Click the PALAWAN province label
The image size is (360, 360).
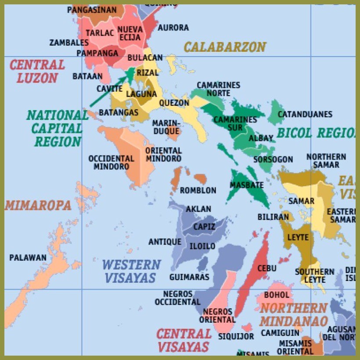tap(28, 258)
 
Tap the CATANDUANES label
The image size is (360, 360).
tap(305, 115)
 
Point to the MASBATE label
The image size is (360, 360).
tap(247, 185)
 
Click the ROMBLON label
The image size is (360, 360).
tap(198, 191)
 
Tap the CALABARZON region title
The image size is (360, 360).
tap(225, 47)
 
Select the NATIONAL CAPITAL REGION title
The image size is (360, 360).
tap(58, 128)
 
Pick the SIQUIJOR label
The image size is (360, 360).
tap(236, 337)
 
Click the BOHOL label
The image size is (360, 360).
tap(277, 295)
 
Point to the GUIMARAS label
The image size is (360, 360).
tap(189, 277)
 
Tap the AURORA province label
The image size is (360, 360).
tap(173, 28)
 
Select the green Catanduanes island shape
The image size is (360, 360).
tap(276, 112)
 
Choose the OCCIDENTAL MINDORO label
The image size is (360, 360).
tap(111, 162)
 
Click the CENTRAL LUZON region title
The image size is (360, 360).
tap(37, 72)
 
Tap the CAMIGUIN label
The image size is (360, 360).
tap(280, 333)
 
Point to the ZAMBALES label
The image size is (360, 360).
tap(68, 43)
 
